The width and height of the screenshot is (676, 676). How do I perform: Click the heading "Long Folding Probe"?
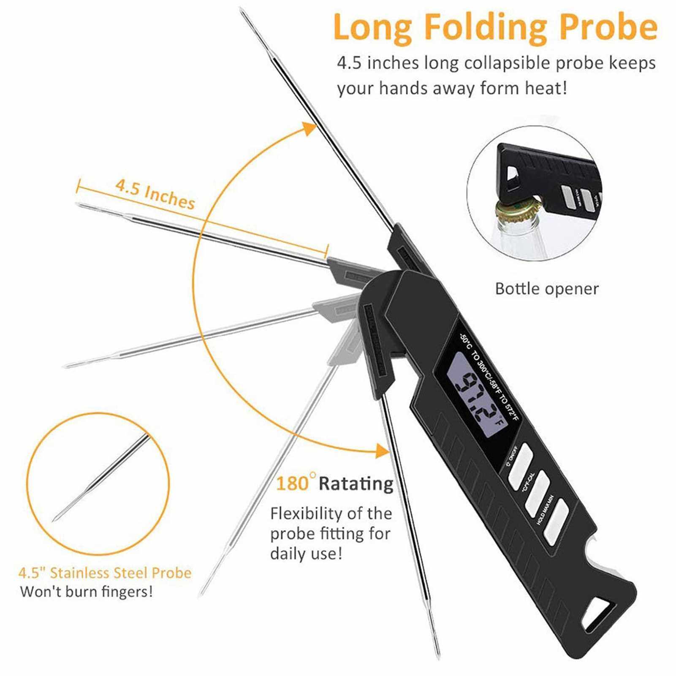pyautogui.click(x=495, y=27)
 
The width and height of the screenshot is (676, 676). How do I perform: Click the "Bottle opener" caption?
pyautogui.click(x=546, y=289)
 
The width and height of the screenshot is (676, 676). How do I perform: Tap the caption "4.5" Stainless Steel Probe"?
pyautogui.click(x=105, y=573)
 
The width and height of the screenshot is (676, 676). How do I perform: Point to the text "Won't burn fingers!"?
pyautogui.click(x=86, y=592)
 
